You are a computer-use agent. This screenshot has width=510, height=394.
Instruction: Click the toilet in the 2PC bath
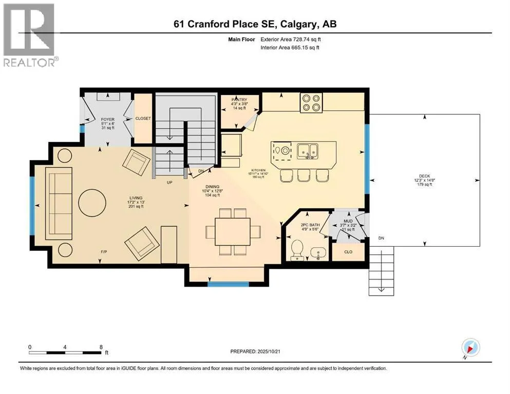pyautogui.click(x=297, y=250)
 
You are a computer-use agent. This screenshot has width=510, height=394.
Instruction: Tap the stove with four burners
pyautogui.click(x=311, y=103)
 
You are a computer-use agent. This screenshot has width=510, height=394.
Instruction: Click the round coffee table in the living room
pyautogui.click(x=92, y=203)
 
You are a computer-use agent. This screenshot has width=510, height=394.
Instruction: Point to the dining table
pyautogui.click(x=233, y=231)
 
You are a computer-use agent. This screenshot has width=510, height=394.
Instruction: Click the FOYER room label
pyautogui.click(x=108, y=119)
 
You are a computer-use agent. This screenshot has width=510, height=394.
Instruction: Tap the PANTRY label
pyautogui.click(x=239, y=100)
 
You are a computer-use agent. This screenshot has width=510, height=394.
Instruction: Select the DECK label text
pyautogui.click(x=424, y=176)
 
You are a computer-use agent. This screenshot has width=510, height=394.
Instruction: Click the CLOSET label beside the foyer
pyautogui.click(x=143, y=118)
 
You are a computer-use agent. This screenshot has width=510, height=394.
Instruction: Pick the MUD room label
pyautogui.click(x=348, y=221)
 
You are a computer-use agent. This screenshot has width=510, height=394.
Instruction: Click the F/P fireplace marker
pyautogui.click(x=104, y=252)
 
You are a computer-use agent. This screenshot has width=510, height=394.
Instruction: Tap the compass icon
pyautogui.click(x=470, y=348)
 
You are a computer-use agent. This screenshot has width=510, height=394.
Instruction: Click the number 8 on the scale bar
pyautogui.click(x=101, y=347)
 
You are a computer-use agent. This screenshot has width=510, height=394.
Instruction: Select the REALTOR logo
pyautogui.click(x=29, y=35)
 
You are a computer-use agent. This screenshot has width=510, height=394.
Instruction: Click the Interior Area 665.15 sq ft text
pyautogui.click(x=290, y=47)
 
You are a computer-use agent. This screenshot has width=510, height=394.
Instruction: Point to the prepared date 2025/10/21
pyautogui.click(x=269, y=351)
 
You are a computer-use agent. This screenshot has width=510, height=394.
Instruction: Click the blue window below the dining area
pyautogui.click(x=229, y=284)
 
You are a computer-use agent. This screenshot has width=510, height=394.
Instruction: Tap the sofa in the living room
pyautogui.click(x=59, y=204)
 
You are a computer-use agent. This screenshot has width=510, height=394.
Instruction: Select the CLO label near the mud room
pyautogui.click(x=348, y=252)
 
